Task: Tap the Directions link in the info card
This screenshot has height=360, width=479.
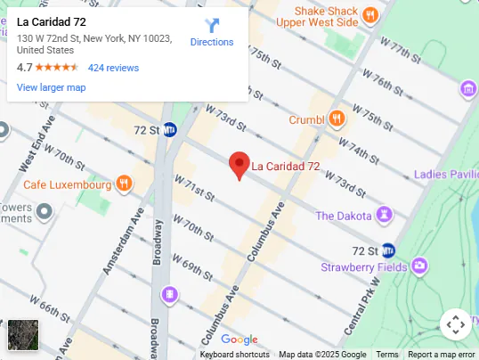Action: pos(212,42)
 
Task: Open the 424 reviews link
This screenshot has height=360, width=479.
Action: pos(113,68)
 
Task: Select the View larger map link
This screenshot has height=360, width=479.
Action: pos(51,87)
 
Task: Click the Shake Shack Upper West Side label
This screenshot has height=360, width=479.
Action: pos(316,14)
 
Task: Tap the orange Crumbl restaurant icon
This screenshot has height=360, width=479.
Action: pos(337,119)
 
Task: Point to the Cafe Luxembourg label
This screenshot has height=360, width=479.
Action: pos(67,184)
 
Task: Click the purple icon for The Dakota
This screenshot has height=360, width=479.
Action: pos(384,215)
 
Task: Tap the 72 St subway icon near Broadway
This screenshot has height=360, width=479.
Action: pos(169,130)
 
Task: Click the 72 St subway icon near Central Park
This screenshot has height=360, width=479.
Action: pos(387,250)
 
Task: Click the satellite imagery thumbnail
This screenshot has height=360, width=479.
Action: pos(23,335)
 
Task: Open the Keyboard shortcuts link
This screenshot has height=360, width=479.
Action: pos(234,355)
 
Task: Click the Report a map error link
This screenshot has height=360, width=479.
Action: pos(441,355)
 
